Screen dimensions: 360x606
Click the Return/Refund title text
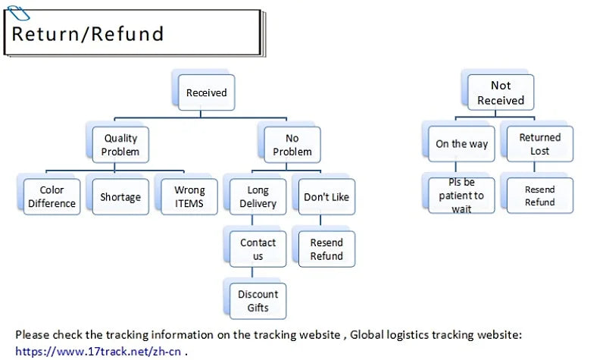pos(88,34)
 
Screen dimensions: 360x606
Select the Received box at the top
pos(206,92)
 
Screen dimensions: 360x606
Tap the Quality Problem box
pos(121,144)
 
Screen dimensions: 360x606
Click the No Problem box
pos(292,144)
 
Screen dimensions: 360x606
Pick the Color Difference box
pos(52,196)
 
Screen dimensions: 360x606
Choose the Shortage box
pos(120,196)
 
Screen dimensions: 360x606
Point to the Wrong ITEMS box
pos(189,196)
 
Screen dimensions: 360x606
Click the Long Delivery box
pos(258,196)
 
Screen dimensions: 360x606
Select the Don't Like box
pos(326,196)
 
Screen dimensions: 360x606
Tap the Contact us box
pos(258,249)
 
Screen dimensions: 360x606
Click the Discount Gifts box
pos(258,301)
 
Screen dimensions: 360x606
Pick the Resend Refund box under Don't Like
pos(326,249)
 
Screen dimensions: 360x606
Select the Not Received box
pos(500,92)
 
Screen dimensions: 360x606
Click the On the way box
pos(461,144)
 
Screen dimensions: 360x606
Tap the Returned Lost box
pos(539,144)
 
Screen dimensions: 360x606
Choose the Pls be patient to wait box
pos(461,195)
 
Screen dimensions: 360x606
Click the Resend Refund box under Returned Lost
pos(539,196)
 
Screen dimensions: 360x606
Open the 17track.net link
pos(98,351)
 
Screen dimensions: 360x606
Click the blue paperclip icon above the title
pos(17,12)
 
